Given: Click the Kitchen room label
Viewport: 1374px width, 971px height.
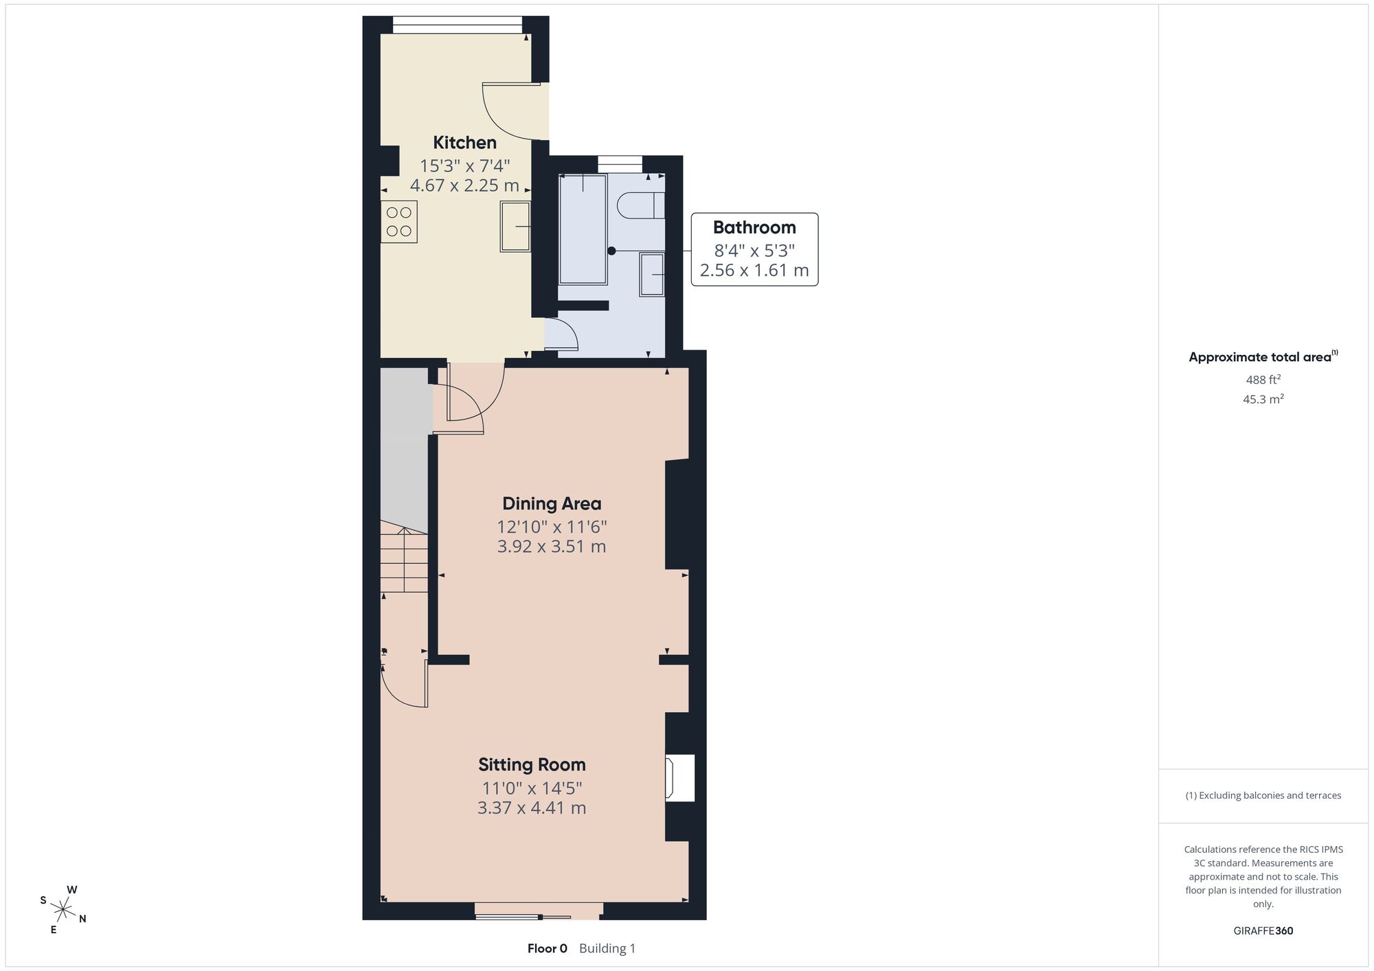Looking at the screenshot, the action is (x=464, y=143).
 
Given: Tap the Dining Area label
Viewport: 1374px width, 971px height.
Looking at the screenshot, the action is (x=552, y=503).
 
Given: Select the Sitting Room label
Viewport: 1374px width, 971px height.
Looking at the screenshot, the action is (x=532, y=764).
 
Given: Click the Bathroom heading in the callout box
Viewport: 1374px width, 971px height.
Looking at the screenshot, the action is (x=754, y=227).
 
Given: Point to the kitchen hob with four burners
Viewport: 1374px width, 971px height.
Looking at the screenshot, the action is (x=399, y=221).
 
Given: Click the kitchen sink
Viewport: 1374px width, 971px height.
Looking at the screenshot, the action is (x=515, y=227).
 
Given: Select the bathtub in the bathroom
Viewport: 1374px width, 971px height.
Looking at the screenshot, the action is (x=583, y=229).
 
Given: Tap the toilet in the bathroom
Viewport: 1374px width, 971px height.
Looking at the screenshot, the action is (x=641, y=205).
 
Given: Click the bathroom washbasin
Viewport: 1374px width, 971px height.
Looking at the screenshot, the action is (x=652, y=275).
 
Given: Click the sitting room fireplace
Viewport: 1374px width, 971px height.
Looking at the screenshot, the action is (x=679, y=777).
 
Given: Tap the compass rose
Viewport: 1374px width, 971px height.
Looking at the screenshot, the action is (x=63, y=910).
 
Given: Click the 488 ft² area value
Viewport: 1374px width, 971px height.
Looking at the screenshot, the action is (x=1263, y=379).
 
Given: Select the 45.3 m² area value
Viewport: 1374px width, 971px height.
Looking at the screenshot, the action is (x=1263, y=398).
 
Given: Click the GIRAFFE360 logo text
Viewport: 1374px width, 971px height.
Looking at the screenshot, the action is (x=1263, y=931).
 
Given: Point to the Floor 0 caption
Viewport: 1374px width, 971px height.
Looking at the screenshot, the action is (x=548, y=948).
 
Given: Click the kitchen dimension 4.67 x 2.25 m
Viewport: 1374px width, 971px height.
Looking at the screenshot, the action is (x=464, y=185).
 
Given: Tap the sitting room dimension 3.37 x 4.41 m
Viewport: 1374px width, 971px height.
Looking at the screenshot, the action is (x=532, y=808).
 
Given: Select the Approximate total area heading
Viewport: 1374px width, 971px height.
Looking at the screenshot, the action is (x=1263, y=356).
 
